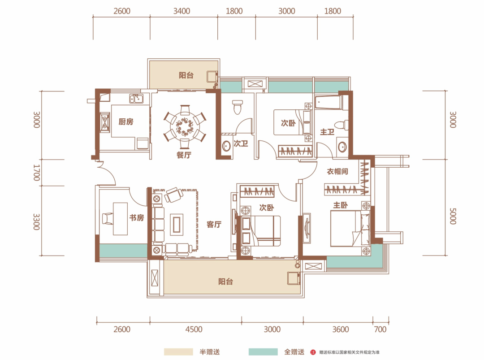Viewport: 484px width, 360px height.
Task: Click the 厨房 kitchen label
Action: tap(126, 121)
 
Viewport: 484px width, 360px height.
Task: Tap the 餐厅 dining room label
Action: tap(184, 155)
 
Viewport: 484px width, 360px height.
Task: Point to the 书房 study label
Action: tap(136, 218)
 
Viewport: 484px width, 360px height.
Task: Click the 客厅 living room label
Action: tap(214, 225)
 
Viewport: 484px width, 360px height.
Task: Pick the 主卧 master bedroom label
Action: tap(341, 205)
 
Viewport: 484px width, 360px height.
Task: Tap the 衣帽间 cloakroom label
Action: tap(337, 171)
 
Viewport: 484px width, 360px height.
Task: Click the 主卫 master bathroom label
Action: tap(327, 132)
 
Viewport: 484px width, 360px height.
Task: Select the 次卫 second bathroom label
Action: tap(241, 143)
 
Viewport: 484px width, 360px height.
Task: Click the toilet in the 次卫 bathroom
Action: tap(238, 107)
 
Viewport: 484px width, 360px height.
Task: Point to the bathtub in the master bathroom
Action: tap(328, 103)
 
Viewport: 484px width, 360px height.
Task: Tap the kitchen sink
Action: tap(136, 99)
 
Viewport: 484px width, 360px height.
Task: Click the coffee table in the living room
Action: tap(177, 225)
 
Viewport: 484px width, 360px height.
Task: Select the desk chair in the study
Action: tap(107, 219)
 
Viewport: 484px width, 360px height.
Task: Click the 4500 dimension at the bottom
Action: tap(194, 330)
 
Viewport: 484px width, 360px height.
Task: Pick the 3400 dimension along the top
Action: tap(181, 11)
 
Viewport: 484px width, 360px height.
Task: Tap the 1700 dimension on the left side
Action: tap(37, 173)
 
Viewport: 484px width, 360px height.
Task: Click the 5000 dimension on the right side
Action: tap(453, 216)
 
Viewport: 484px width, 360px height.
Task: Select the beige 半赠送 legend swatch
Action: tap(178, 352)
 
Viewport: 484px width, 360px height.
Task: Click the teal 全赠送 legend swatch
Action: tap(263, 352)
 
